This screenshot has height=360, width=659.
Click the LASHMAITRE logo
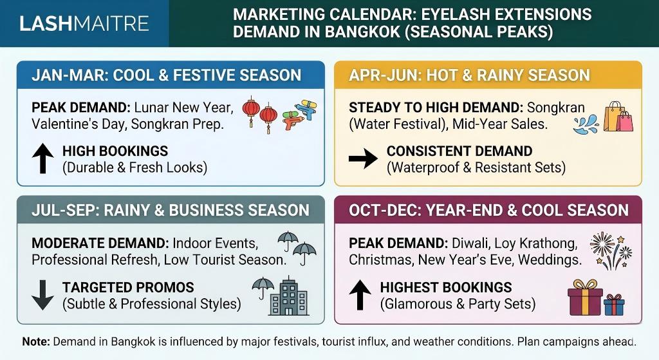(84, 24)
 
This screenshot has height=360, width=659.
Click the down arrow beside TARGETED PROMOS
(42, 295)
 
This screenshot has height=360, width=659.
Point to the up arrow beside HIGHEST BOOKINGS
(360, 295)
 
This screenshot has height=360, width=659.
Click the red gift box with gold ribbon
(585, 298)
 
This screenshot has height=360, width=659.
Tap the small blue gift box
(614, 303)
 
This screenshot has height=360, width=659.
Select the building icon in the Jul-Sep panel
(289, 298)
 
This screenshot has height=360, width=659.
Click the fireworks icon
(609, 251)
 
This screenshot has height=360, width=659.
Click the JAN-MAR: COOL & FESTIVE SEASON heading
(166, 75)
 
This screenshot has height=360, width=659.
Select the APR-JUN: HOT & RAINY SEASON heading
(469, 75)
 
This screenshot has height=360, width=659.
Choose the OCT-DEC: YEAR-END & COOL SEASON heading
(488, 210)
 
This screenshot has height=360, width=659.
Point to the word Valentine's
(60, 124)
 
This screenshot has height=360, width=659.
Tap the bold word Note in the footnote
(35, 341)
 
